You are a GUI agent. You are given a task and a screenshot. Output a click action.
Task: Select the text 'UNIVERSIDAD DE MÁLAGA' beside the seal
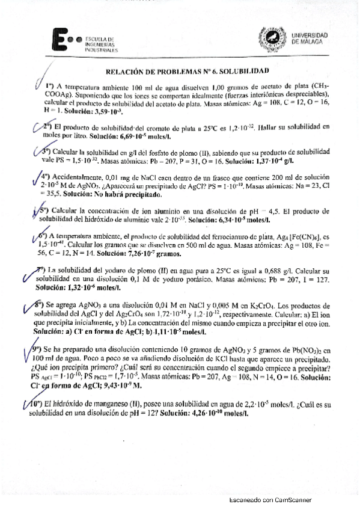(x=310, y=38)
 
